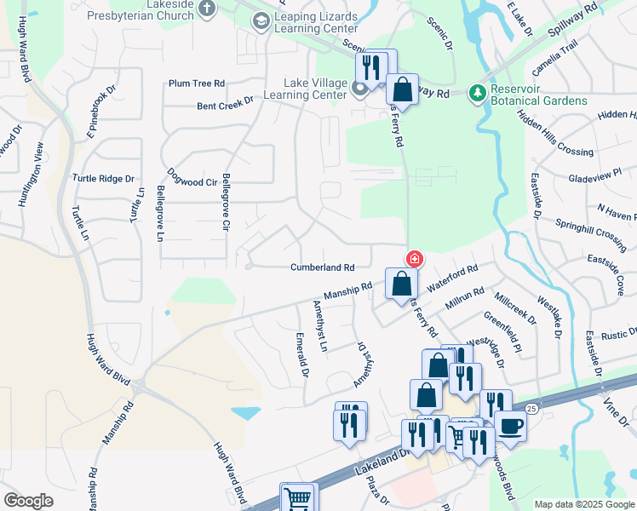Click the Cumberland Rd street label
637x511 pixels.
click(x=322, y=267)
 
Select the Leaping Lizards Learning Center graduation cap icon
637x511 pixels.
click(x=261, y=20)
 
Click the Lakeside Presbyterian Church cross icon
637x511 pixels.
click(x=207, y=9)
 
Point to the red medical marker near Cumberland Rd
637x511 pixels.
click(x=415, y=258)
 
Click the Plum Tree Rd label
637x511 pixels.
click(x=196, y=83)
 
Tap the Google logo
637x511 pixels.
click(x=28, y=501)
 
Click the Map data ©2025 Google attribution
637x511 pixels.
click(x=583, y=504)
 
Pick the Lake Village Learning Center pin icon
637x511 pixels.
click(x=359, y=87)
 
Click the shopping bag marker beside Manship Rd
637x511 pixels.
click(x=401, y=284)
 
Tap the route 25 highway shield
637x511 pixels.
click(x=531, y=409)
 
